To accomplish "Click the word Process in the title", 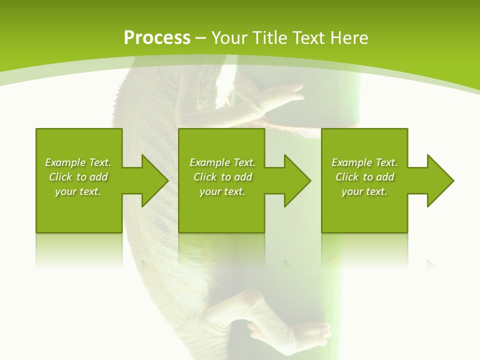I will point(157,37).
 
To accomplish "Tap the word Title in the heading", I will point(270,37).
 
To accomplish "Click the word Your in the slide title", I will point(230,37).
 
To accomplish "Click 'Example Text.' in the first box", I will point(78,162).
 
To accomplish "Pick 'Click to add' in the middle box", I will point(222,177).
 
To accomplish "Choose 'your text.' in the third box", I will point(364,191).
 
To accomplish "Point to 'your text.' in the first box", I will point(78,191).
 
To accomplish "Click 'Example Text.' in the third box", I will point(364,162).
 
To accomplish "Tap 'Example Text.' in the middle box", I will point(222,162).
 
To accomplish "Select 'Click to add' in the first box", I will point(78,177).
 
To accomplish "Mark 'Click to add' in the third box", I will point(364,177).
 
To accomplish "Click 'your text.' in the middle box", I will point(222,191).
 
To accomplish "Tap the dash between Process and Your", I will point(200,38).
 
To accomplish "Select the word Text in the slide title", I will point(308,37).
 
